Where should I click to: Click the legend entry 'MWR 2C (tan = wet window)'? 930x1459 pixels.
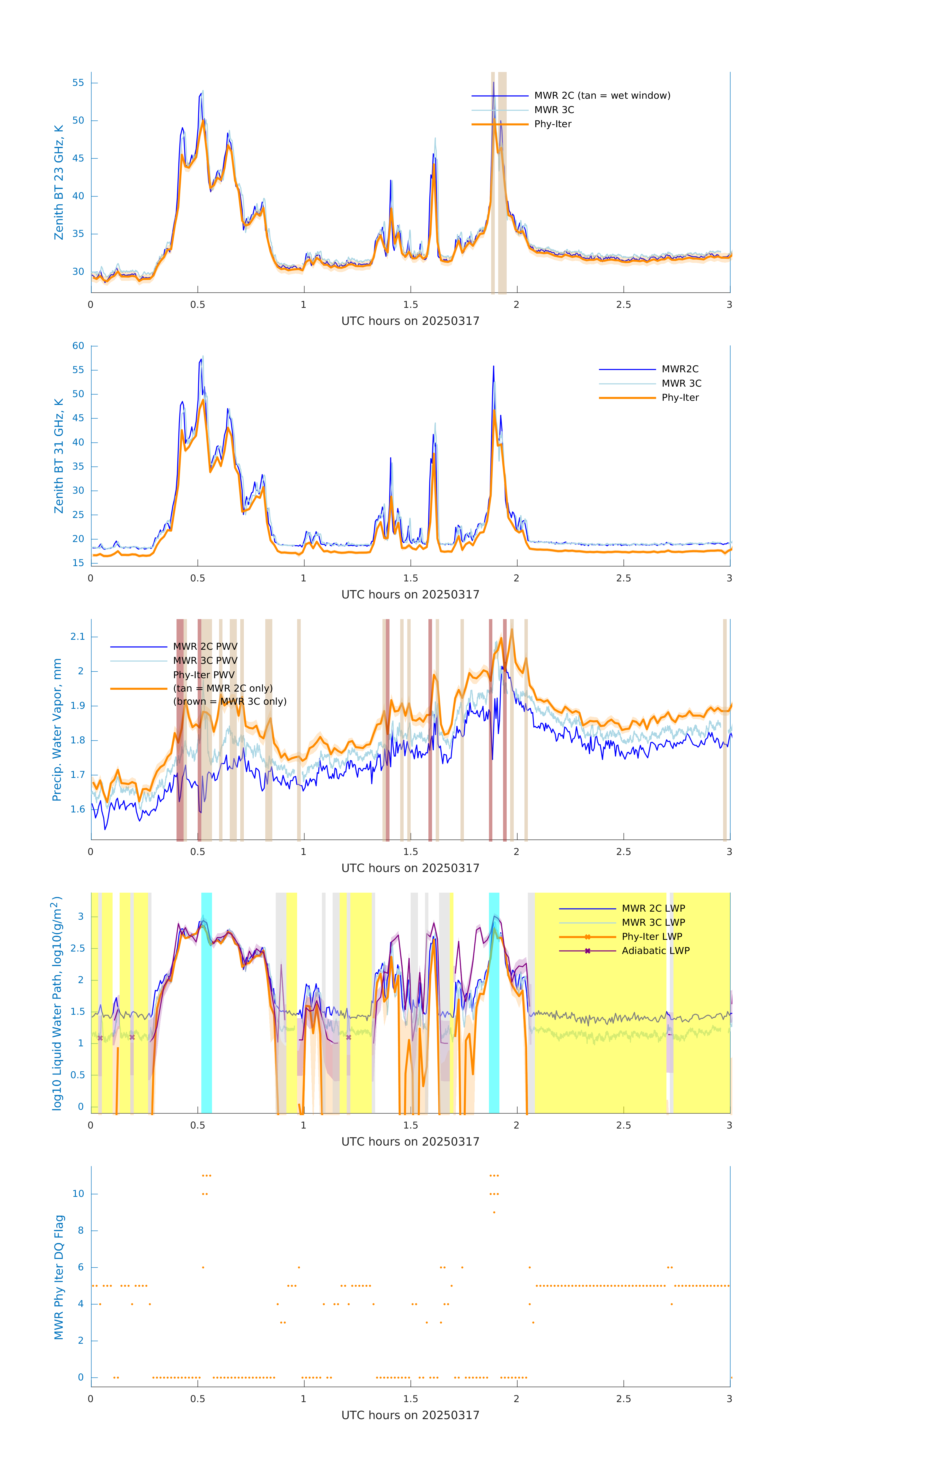tap(602, 96)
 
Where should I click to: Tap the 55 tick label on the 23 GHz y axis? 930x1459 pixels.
tap(78, 83)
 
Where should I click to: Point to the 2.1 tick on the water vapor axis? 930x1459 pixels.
tap(78, 637)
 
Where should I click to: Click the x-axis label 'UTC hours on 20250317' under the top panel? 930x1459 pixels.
tap(410, 321)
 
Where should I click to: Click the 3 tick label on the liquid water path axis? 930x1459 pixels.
tap(80, 917)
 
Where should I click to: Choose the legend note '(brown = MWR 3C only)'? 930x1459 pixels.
tap(230, 702)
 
